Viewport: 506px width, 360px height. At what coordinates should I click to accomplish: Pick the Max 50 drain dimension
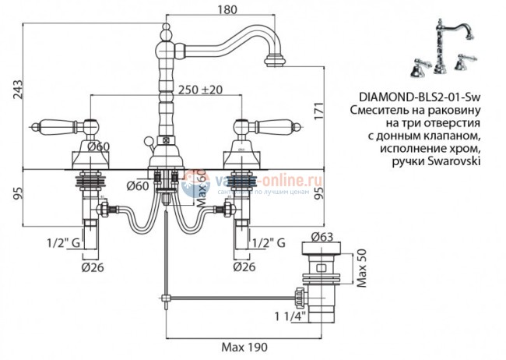pyautogui.click(x=360, y=267)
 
